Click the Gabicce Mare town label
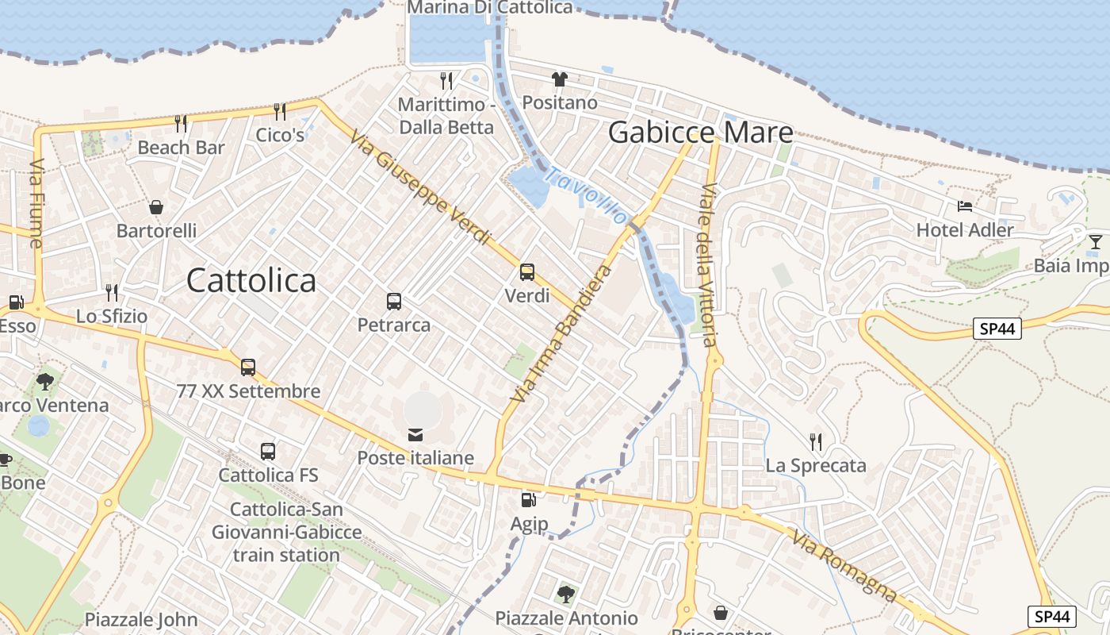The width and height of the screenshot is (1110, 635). click(x=700, y=133)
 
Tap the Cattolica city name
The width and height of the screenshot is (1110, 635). click(x=251, y=280)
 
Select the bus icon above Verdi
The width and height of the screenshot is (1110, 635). click(x=527, y=272)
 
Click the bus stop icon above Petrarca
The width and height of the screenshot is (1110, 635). click(x=394, y=302)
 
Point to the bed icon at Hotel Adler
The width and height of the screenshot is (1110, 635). click(x=965, y=206)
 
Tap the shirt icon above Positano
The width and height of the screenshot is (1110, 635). click(x=560, y=79)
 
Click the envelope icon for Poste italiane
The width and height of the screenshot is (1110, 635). click(x=415, y=434)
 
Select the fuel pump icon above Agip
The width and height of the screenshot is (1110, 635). click(x=528, y=500)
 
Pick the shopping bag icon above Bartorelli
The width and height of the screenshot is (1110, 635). click(x=156, y=207)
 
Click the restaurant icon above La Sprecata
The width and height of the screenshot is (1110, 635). click(x=815, y=441)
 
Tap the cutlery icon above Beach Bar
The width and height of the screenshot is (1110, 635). click(x=181, y=123)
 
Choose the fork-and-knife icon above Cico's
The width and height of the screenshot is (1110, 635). click(x=279, y=111)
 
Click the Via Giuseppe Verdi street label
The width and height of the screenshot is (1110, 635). click(x=420, y=187)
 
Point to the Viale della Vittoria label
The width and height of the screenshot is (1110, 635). click(x=707, y=264)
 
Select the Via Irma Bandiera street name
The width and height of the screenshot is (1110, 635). click(x=562, y=333)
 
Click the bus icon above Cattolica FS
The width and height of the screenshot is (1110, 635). click(x=268, y=452)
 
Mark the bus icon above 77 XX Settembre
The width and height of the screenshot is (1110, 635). click(x=248, y=368)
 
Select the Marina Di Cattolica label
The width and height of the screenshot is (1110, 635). click(x=489, y=8)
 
